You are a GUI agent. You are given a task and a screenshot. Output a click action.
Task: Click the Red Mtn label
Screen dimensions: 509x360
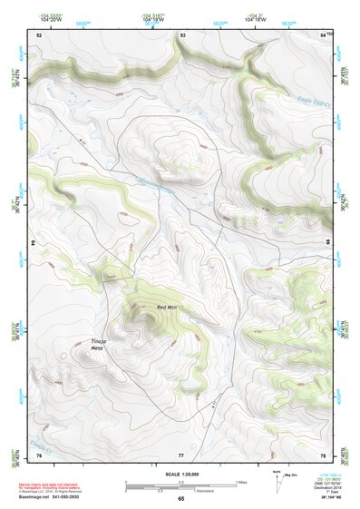pos(168,308)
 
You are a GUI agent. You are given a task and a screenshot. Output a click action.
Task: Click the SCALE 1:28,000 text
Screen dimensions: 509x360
pos(180,475)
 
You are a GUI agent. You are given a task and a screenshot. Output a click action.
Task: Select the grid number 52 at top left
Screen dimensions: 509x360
pos(39,34)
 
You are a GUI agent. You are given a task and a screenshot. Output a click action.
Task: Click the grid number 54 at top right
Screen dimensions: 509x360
pos(322,34)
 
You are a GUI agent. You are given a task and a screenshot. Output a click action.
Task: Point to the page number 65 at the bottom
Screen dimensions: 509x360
pos(180,498)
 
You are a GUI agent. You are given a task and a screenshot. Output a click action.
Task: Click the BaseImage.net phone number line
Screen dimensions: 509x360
pos(54,497)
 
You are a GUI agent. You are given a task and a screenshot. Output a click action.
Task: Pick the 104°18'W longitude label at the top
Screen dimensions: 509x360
pos(258,18)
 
